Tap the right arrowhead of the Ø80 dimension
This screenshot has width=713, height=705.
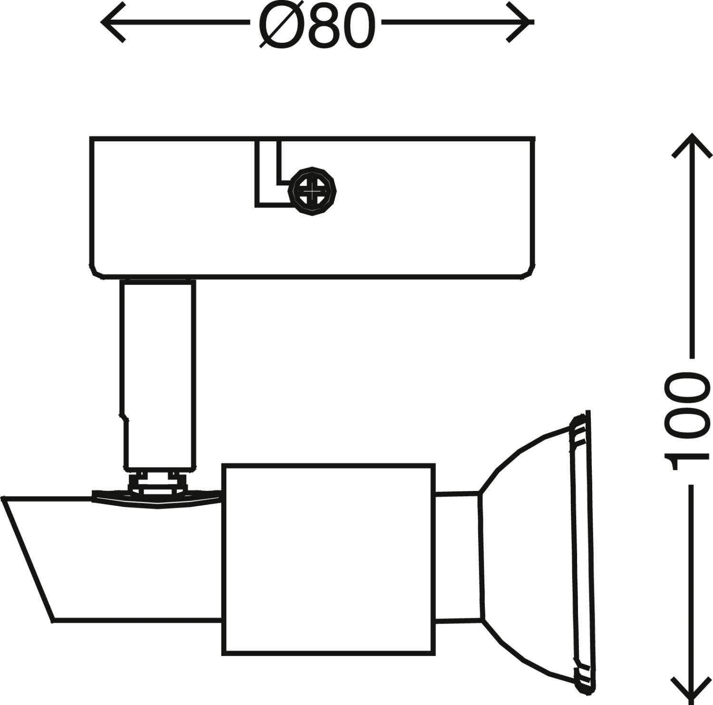coord(523,22)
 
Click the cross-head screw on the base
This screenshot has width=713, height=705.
coord(312,191)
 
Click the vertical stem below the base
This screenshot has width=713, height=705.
coord(158,371)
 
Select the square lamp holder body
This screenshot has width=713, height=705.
coord(328,559)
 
